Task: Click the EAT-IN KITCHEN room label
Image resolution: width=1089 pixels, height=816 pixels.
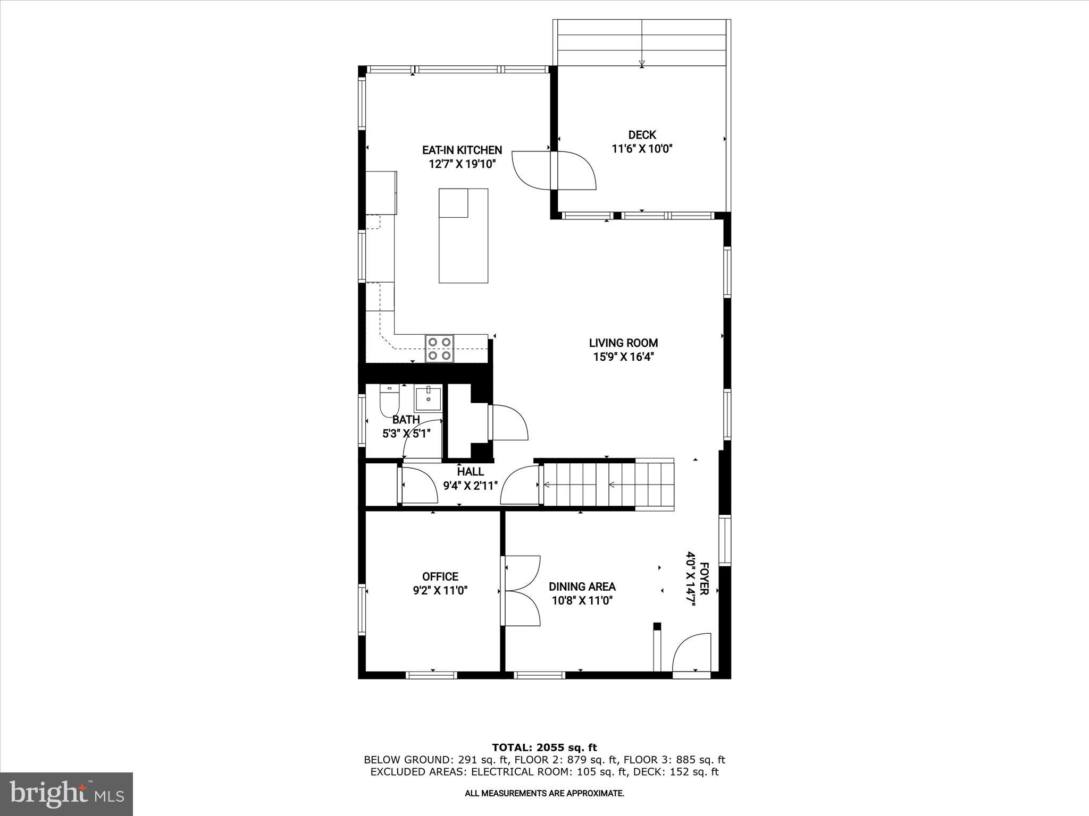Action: [x=462, y=150]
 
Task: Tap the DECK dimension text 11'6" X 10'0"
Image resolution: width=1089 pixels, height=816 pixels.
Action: [x=642, y=149]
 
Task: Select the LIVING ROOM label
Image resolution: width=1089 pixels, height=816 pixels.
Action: [x=623, y=343]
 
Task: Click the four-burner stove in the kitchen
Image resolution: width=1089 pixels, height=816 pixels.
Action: [x=439, y=348]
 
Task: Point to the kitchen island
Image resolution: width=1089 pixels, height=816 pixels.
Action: [x=463, y=236]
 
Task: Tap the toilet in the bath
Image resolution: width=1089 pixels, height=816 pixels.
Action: [x=389, y=402]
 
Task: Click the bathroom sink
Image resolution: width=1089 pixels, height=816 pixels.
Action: [x=428, y=397]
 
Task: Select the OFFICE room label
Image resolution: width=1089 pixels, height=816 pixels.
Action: [x=440, y=576]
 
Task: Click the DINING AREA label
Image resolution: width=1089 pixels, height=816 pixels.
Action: [x=582, y=586]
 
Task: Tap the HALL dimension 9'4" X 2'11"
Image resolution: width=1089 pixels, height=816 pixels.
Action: [x=470, y=485]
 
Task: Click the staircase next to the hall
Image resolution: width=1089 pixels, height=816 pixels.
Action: [x=606, y=484]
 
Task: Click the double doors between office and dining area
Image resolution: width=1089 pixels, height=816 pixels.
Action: [x=521, y=591]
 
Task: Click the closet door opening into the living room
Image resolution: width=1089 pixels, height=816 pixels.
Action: [x=508, y=422]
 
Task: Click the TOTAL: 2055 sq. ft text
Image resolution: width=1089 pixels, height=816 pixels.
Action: [x=544, y=747]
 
